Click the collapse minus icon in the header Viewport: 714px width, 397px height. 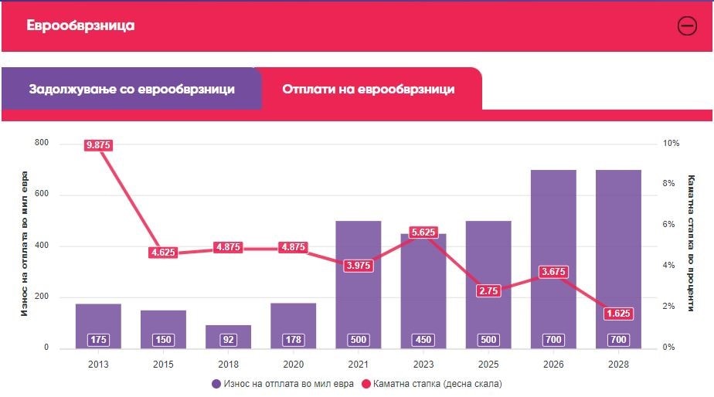point(686,25)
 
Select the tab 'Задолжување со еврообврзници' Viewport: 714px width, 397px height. point(131,89)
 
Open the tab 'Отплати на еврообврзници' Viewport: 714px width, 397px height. point(368,89)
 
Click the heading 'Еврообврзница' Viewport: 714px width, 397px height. point(80,25)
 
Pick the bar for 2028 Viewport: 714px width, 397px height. point(618,255)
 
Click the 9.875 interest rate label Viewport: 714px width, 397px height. point(98,145)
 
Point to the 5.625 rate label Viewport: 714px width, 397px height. point(423,231)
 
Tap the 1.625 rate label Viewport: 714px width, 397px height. point(617,314)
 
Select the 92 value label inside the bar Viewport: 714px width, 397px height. point(228,340)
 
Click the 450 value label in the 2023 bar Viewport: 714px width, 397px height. point(423,340)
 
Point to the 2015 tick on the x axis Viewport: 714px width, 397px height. point(163,364)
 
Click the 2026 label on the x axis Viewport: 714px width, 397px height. point(552,364)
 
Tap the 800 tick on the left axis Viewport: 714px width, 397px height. point(41,144)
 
